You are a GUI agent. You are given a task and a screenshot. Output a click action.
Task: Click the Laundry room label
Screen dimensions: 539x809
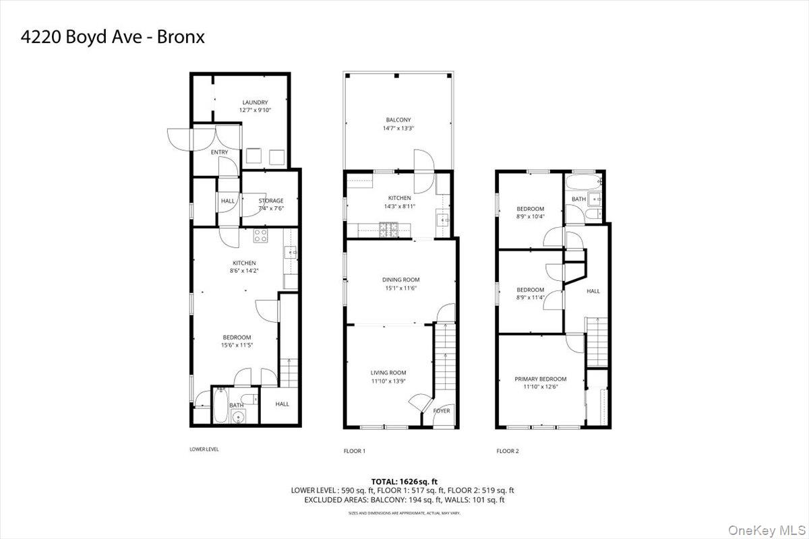[x=254, y=102]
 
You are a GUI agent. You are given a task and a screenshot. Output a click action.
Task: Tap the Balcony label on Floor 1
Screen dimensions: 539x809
[x=399, y=120]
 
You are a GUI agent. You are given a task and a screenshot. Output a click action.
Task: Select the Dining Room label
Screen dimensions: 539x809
[x=400, y=280]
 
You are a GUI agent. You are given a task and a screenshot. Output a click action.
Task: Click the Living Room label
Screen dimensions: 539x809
[x=388, y=373]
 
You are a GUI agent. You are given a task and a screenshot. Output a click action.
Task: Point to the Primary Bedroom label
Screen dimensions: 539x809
[x=540, y=379]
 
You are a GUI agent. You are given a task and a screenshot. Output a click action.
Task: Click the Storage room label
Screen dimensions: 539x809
[x=271, y=201]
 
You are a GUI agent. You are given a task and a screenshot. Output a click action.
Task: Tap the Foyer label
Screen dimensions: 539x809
[x=442, y=410]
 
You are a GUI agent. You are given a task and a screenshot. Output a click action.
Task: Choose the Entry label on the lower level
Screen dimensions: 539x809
[x=219, y=152]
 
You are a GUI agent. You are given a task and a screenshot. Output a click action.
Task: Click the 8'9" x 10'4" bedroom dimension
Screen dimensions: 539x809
[x=530, y=216]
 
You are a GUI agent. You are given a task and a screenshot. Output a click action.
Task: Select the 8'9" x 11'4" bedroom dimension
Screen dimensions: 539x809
[x=530, y=298]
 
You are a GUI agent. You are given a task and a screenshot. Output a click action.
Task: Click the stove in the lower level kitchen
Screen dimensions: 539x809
[x=260, y=235]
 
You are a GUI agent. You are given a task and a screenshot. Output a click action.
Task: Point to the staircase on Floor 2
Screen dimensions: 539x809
[x=596, y=342]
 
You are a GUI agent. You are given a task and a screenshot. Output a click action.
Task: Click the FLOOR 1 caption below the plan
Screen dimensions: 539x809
[x=355, y=451]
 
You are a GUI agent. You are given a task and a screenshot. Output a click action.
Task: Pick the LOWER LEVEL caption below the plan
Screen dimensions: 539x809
[x=204, y=449]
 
